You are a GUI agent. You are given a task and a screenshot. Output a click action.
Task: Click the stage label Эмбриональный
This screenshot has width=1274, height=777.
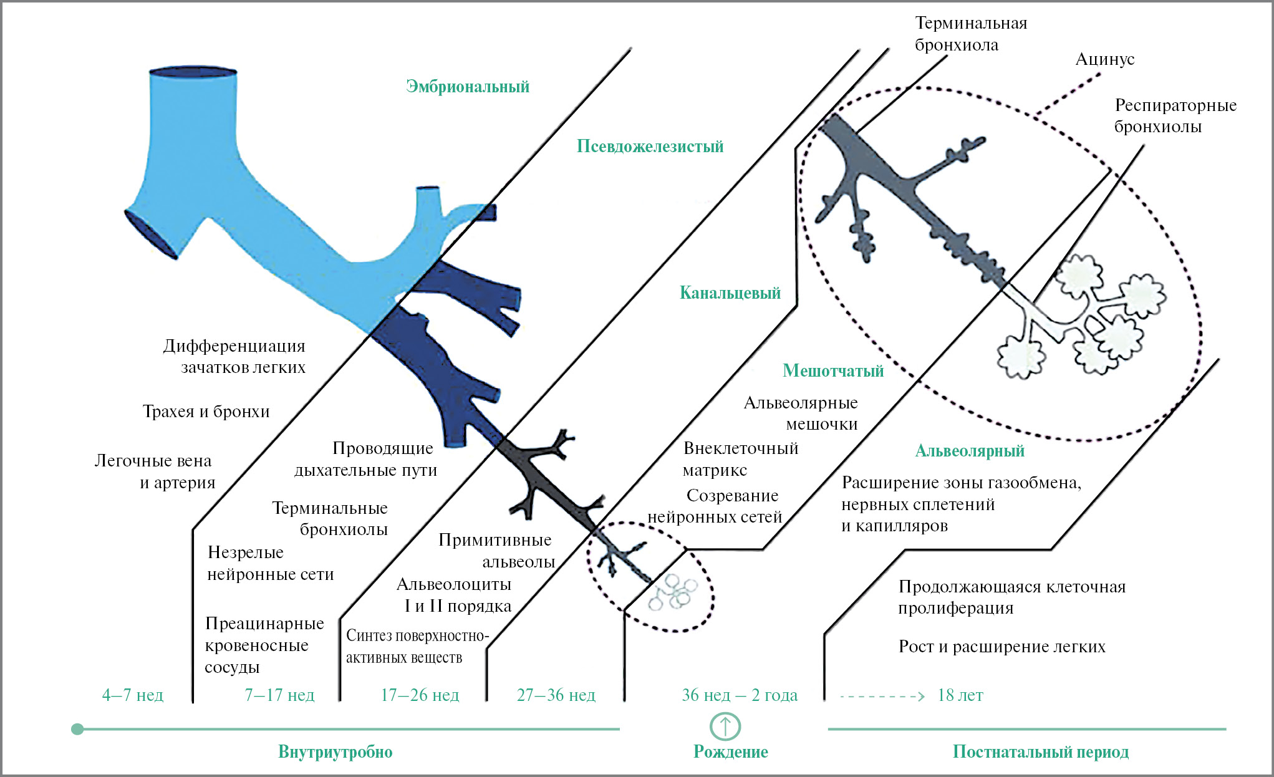coord(467,86)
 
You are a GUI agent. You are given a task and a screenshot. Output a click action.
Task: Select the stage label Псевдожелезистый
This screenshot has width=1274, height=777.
coord(650,147)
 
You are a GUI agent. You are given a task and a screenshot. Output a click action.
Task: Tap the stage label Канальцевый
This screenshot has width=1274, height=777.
coord(730,293)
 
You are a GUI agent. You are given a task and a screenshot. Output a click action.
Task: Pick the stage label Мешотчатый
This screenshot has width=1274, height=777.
coord(833,371)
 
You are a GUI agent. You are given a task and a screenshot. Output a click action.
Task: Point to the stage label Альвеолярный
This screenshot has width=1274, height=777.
coord(970,451)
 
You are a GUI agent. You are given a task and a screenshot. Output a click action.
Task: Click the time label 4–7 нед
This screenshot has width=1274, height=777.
coord(132,695)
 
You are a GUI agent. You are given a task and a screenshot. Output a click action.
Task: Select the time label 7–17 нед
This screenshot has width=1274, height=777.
coord(279,695)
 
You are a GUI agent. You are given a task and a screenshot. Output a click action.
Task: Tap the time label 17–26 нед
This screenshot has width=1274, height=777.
coord(420,695)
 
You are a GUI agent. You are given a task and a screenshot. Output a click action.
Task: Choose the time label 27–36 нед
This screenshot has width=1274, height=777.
coord(556,695)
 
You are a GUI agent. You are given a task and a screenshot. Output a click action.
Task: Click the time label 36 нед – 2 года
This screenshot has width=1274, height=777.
coord(740,695)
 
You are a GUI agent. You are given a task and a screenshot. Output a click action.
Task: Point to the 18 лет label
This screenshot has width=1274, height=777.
coord(960,695)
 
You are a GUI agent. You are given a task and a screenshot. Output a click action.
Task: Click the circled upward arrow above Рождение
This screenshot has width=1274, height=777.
coord(725,726)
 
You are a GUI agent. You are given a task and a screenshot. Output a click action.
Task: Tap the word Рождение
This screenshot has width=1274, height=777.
coord(731,752)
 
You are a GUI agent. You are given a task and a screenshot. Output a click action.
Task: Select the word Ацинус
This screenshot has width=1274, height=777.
coord(1104,59)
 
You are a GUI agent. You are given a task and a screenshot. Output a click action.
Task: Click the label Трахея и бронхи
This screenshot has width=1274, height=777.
coord(206,412)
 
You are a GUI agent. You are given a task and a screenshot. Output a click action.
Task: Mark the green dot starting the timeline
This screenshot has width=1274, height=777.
coord(77,729)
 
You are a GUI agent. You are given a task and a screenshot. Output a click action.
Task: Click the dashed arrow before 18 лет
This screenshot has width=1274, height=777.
coord(882,696)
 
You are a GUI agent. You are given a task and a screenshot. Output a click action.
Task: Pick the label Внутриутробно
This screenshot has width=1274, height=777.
coord(335,752)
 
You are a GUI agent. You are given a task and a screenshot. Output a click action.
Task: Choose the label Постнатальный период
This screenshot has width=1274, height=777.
coord(1040,752)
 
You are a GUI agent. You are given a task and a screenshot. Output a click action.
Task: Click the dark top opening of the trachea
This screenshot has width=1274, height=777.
coord(193,72)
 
